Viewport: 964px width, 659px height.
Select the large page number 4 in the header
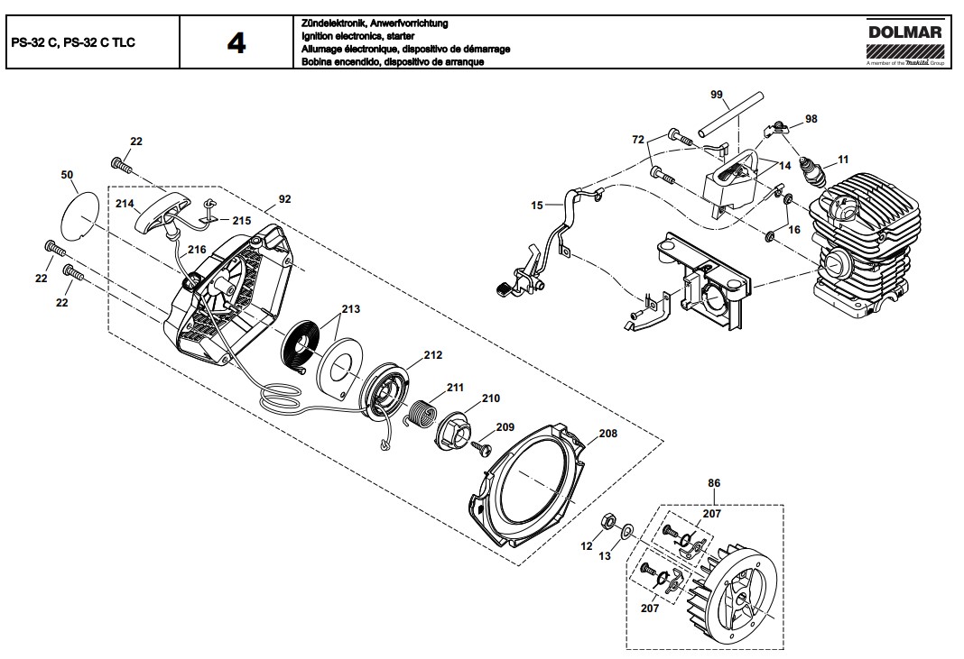pos(236,42)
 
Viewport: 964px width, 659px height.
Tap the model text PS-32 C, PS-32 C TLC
pos(73,42)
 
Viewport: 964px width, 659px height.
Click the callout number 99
pos(717,95)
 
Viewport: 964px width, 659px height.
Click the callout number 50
pos(67,174)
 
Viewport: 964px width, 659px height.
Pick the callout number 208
pos(607,434)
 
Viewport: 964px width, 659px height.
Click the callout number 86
pos(714,484)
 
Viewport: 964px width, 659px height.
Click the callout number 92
pos(285,198)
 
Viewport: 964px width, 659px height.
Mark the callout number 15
pos(536,206)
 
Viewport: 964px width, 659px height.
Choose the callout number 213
pos(350,309)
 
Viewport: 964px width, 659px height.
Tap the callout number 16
pos(793,230)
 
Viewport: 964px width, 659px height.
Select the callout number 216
pos(197,249)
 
